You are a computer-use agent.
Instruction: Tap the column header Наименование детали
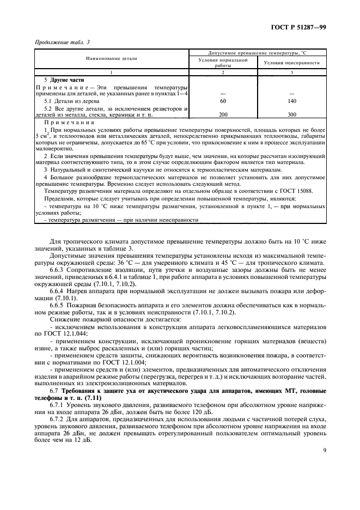[x=111, y=58]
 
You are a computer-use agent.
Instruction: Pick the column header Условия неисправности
[x=291, y=63]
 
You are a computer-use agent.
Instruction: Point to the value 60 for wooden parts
[x=222, y=101]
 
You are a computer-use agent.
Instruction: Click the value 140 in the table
[x=291, y=101]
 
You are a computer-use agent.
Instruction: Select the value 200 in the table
[x=222, y=115]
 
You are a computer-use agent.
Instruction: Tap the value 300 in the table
[x=291, y=115]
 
